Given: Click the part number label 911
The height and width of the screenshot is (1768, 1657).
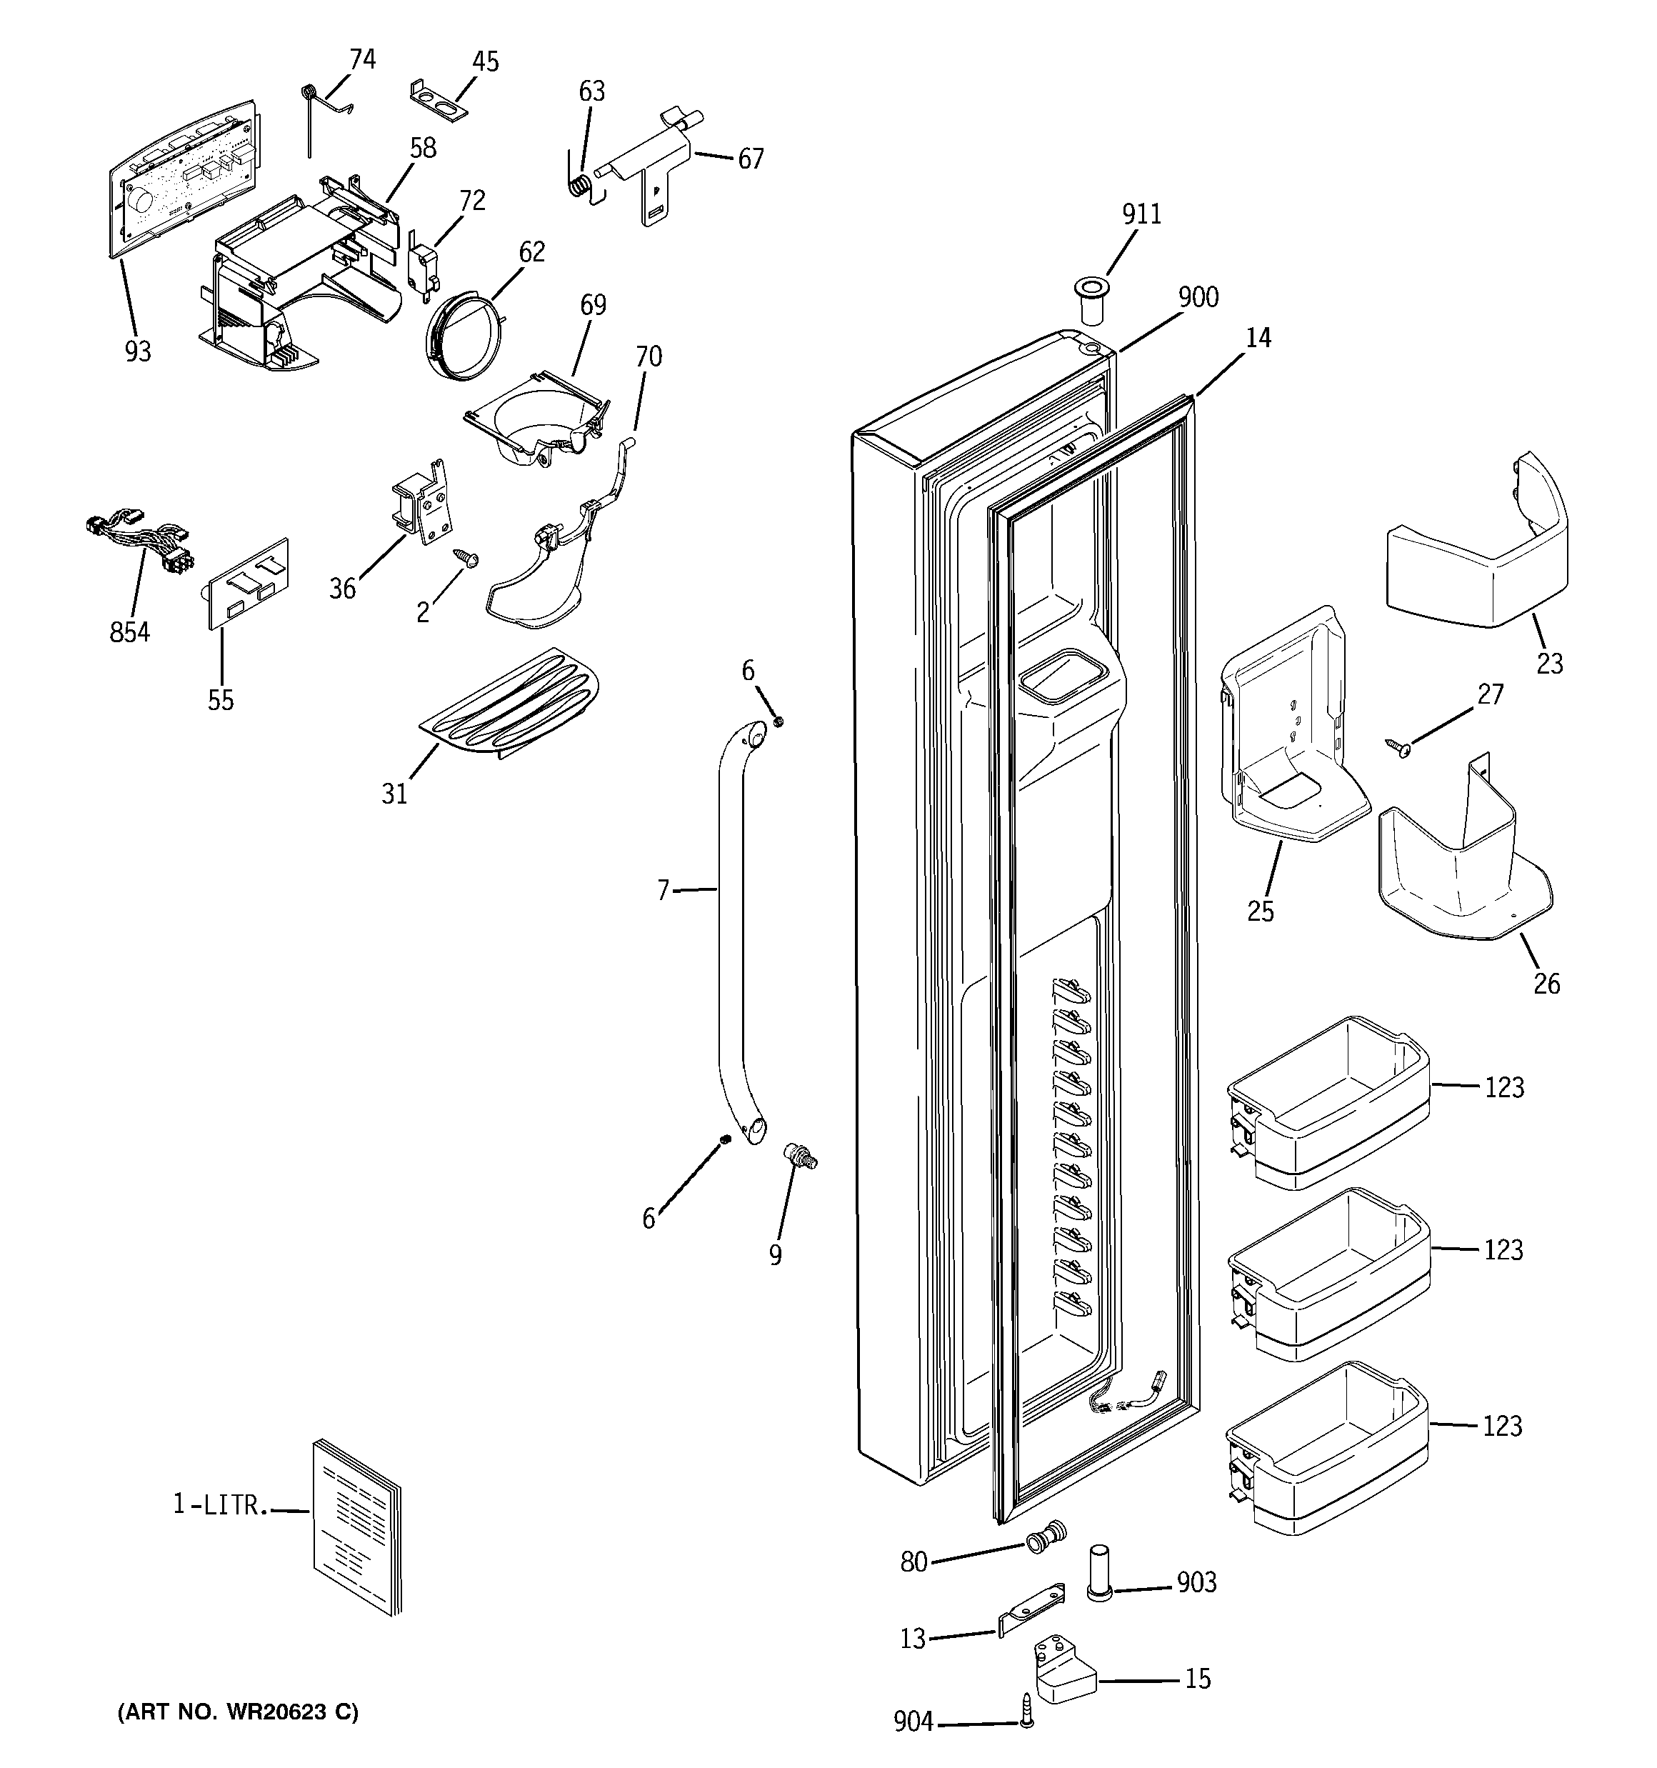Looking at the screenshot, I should coord(1141,214).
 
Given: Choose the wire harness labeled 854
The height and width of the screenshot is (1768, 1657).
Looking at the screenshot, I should coord(138,544).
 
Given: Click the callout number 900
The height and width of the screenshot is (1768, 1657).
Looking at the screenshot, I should coord(1198,298).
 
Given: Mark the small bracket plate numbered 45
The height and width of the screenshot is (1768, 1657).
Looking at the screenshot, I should coord(439,101).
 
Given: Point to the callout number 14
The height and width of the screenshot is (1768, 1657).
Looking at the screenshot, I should coord(1258,339).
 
